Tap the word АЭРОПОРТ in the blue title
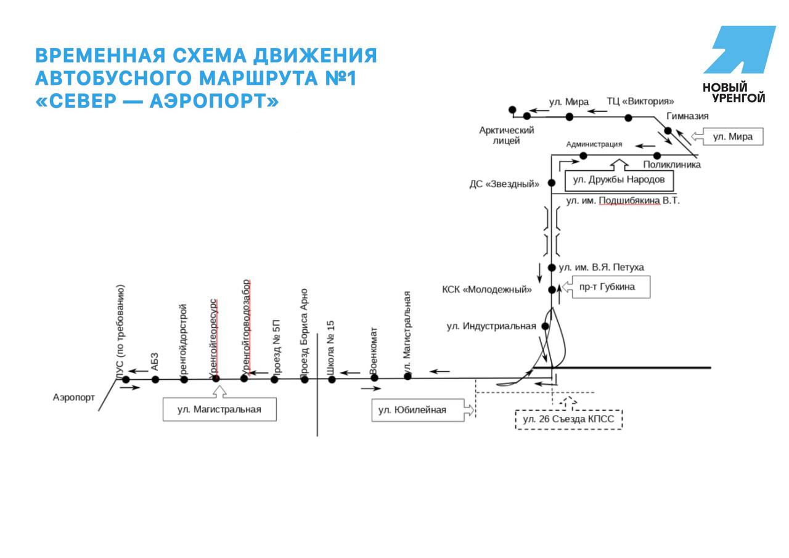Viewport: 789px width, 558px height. point(214,101)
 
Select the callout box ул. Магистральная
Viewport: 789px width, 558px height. point(219,409)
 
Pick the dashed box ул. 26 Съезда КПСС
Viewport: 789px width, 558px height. point(568,419)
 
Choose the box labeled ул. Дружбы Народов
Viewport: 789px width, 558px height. point(619,181)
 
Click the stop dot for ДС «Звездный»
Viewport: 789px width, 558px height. point(552,183)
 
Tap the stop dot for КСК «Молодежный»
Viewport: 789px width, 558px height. point(552,290)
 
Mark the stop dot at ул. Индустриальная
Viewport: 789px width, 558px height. point(545,326)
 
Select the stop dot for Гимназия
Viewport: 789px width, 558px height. point(668,131)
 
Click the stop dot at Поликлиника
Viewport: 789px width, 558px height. point(657,156)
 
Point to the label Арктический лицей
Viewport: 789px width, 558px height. point(506,136)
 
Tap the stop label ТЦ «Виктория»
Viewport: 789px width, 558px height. point(640,102)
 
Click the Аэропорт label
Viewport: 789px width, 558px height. point(73,398)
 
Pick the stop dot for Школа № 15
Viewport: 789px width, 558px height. point(332,379)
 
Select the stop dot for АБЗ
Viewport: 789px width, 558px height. point(155,379)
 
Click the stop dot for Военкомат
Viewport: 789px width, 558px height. point(374,378)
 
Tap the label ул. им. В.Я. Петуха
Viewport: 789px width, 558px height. point(601,268)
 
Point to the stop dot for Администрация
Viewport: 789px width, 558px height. point(583,156)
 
